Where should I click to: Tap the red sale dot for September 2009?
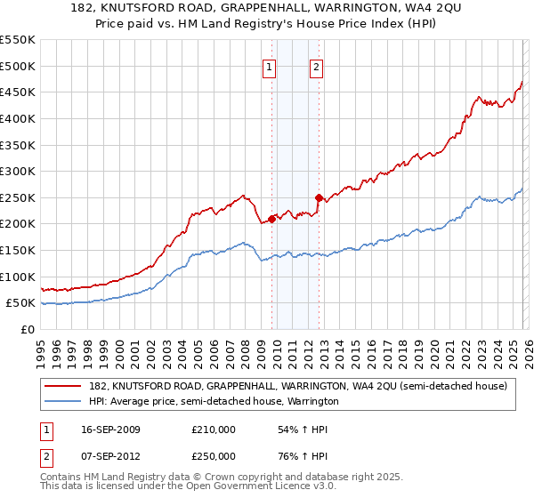click(271, 218)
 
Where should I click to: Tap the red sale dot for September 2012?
click(318, 197)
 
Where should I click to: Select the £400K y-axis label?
click(19, 118)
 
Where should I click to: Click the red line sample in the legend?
click(63, 386)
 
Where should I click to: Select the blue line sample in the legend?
click(63, 401)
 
